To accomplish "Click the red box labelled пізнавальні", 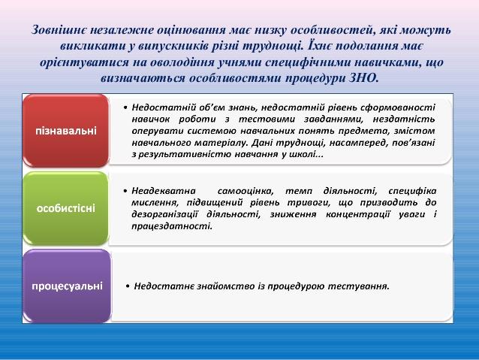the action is [x=66, y=131].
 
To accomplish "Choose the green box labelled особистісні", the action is [x=66, y=208].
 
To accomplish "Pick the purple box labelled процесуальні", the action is [x=67, y=286].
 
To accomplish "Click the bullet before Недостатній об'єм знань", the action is [x=125, y=108].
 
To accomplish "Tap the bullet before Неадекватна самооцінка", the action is [x=125, y=191].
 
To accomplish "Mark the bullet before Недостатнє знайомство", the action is [x=128, y=286].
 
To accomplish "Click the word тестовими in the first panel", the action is [x=267, y=119].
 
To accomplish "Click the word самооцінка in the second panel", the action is [x=246, y=191].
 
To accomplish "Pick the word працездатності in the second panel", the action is [x=172, y=227].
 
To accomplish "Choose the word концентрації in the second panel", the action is [x=357, y=215].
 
